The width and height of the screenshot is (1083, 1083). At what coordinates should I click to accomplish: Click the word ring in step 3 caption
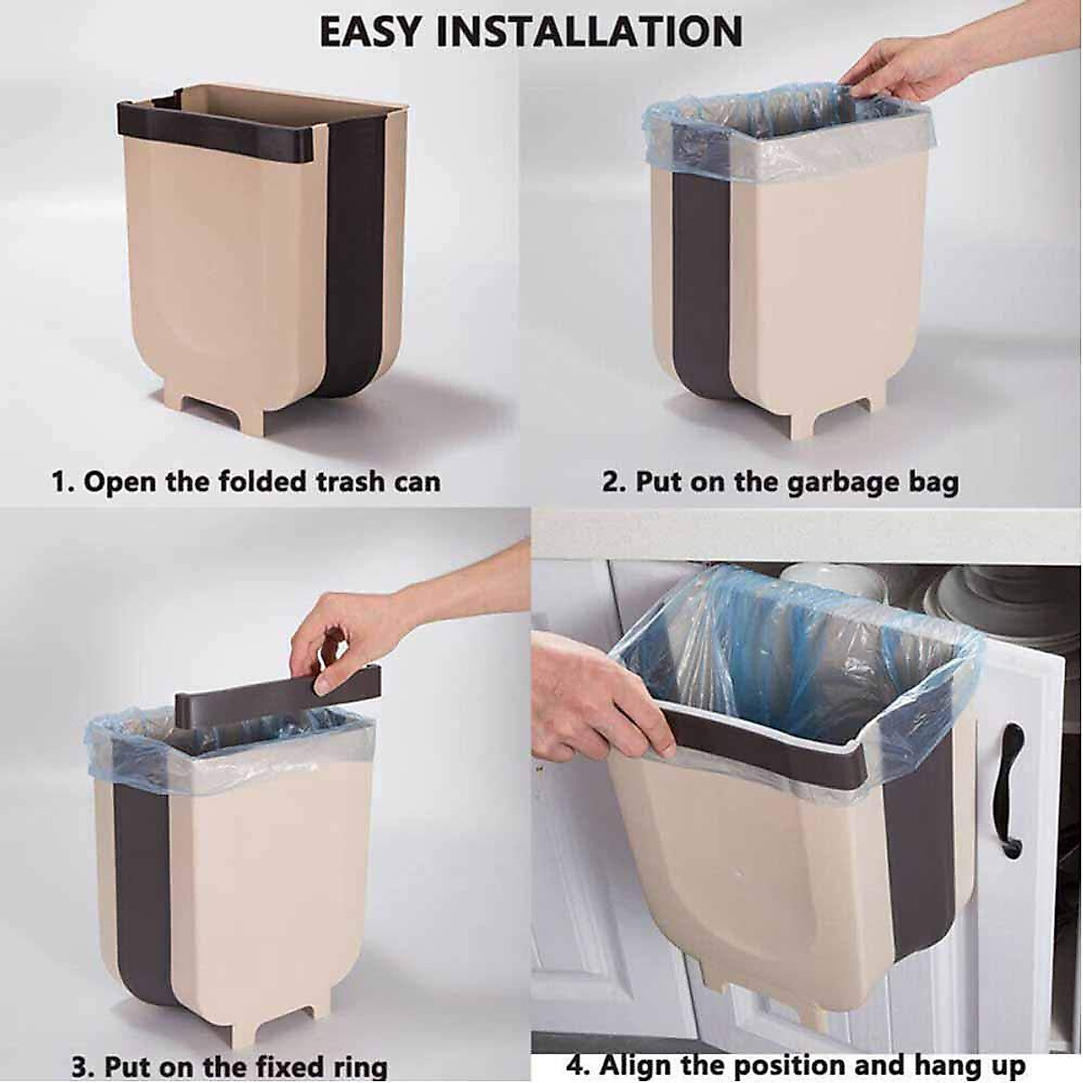355,1066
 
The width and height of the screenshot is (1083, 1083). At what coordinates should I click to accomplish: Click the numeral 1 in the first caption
59,481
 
